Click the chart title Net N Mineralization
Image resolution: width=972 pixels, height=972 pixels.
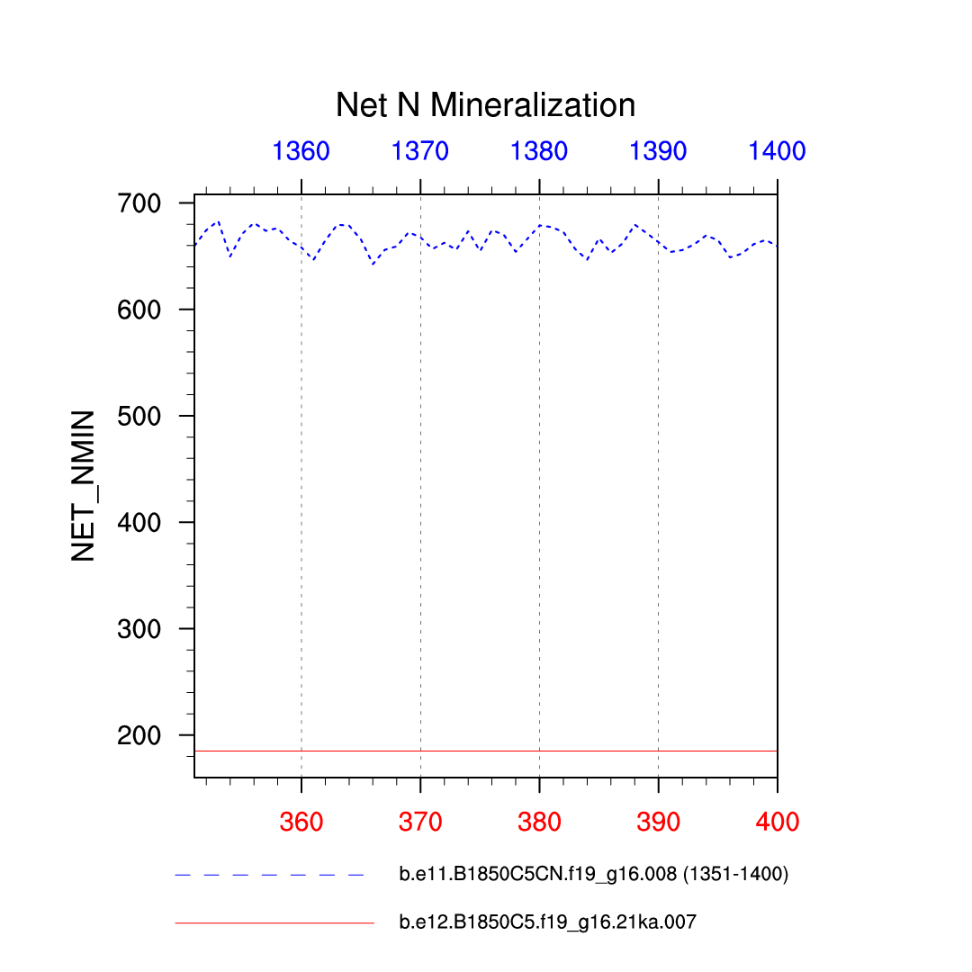click(x=485, y=106)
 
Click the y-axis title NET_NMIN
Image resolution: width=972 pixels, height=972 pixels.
click(x=84, y=485)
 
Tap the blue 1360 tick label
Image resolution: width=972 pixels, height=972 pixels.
click(x=301, y=151)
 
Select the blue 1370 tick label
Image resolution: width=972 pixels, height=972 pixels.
click(x=420, y=151)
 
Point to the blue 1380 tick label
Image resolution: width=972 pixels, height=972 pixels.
click(x=539, y=151)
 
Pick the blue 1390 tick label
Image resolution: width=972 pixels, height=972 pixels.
click(x=658, y=151)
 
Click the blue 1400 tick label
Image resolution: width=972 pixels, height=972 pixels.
click(x=777, y=151)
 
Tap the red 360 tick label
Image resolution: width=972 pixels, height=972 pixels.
click(x=301, y=821)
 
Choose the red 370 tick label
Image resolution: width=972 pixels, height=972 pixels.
click(x=420, y=821)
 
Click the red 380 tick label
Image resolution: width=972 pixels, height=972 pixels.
click(x=539, y=821)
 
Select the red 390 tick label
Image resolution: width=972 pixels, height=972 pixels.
click(x=658, y=821)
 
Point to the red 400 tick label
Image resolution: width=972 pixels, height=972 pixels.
click(x=777, y=821)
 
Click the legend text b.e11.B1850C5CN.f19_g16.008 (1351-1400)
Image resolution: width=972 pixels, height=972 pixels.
click(x=593, y=875)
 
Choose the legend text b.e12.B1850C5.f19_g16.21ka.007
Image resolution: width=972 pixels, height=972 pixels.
click(x=547, y=922)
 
